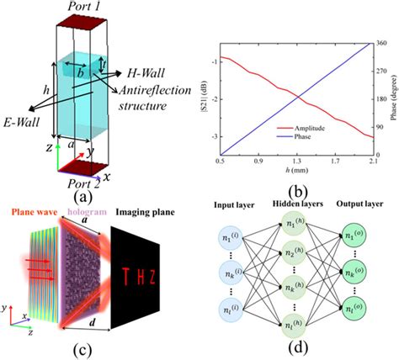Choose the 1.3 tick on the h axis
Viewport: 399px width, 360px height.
point(295,159)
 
